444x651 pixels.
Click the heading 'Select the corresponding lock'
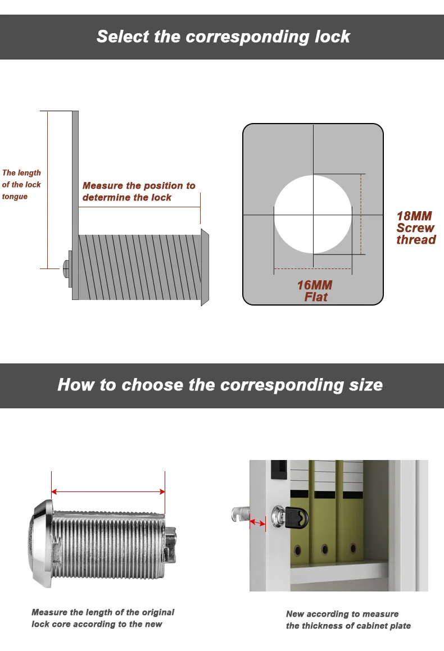click(223, 37)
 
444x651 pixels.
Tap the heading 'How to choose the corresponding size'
click(220, 385)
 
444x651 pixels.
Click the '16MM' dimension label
click(315, 285)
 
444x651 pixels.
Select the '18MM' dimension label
click(414, 216)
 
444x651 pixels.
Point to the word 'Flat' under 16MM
click(316, 297)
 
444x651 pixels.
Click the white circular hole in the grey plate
click(313, 213)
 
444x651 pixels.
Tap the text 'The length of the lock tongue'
click(21, 185)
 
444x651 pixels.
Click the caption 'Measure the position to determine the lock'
click(139, 192)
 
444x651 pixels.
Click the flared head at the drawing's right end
click(205, 267)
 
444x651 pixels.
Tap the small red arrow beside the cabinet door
click(257, 523)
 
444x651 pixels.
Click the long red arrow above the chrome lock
click(108, 492)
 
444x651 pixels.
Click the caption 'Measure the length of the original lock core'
click(103, 618)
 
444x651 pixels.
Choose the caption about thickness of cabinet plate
click(348, 620)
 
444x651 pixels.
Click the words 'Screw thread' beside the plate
click(415, 234)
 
